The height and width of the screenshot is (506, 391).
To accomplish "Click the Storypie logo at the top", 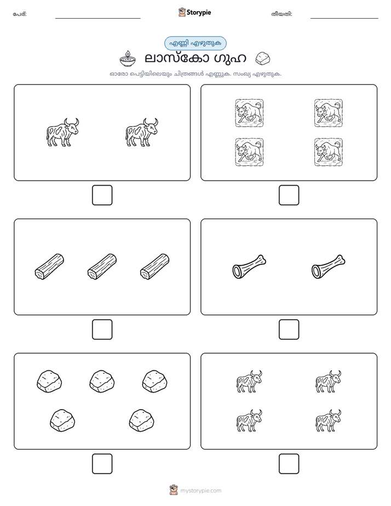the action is pos(194,12).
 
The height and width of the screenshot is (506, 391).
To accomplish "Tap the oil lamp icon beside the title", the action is pos(128,59).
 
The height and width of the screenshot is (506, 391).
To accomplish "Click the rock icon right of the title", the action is pos(263,59).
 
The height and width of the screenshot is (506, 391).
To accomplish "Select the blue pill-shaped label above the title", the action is pos(195,43).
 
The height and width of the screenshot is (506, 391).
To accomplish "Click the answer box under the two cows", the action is pos(102,196).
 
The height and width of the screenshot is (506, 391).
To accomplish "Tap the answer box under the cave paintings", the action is pos(289,196).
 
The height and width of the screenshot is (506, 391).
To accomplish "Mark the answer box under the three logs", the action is pos(102,330).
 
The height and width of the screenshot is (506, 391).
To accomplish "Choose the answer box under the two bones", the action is pos(289,330).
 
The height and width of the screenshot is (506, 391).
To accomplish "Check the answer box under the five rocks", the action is pos(102,464).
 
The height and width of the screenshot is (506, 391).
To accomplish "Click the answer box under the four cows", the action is pos(289,464).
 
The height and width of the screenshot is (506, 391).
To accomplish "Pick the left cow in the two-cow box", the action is pos(62,133).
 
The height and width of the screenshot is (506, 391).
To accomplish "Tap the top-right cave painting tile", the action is pos(329,113).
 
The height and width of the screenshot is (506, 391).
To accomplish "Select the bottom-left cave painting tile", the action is pos(249,152).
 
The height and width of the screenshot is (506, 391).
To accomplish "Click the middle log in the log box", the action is pos(102,267).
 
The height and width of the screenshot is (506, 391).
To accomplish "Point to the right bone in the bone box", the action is pos(329,267).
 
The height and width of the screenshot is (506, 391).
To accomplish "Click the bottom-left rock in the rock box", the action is pos(62,421).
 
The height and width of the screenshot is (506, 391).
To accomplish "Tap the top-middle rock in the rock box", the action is pos(102,382).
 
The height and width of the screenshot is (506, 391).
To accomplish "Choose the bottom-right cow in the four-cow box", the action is pos(329,421).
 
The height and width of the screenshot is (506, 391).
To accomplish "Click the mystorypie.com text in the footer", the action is pos(200,491).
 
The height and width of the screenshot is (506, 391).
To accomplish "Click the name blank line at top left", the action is pos(97,19).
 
